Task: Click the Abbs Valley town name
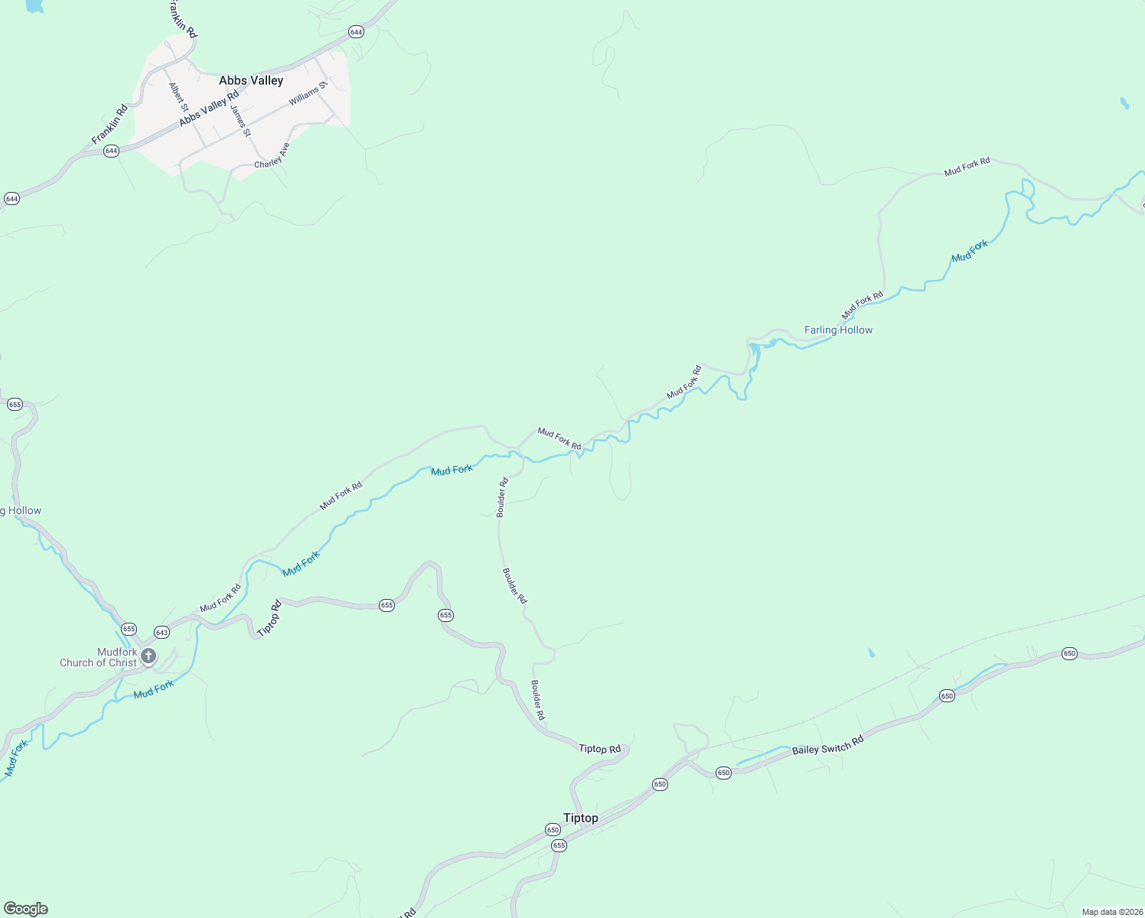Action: click(251, 80)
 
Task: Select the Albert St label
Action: click(178, 96)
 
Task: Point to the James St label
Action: click(240, 121)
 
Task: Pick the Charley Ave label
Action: click(272, 155)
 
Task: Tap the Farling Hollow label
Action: click(838, 330)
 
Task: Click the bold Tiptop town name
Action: click(581, 818)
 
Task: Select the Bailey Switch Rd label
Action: click(827, 745)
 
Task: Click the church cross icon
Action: click(148, 656)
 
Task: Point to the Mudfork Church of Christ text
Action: click(98, 657)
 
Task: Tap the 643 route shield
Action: click(161, 633)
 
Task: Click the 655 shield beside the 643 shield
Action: click(129, 629)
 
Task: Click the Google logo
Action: click(26, 909)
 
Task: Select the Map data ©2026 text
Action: click(1111, 912)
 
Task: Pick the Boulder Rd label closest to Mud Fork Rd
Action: click(502, 498)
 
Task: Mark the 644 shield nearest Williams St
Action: click(356, 31)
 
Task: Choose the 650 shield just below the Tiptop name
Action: click(553, 830)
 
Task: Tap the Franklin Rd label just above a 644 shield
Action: click(109, 125)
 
